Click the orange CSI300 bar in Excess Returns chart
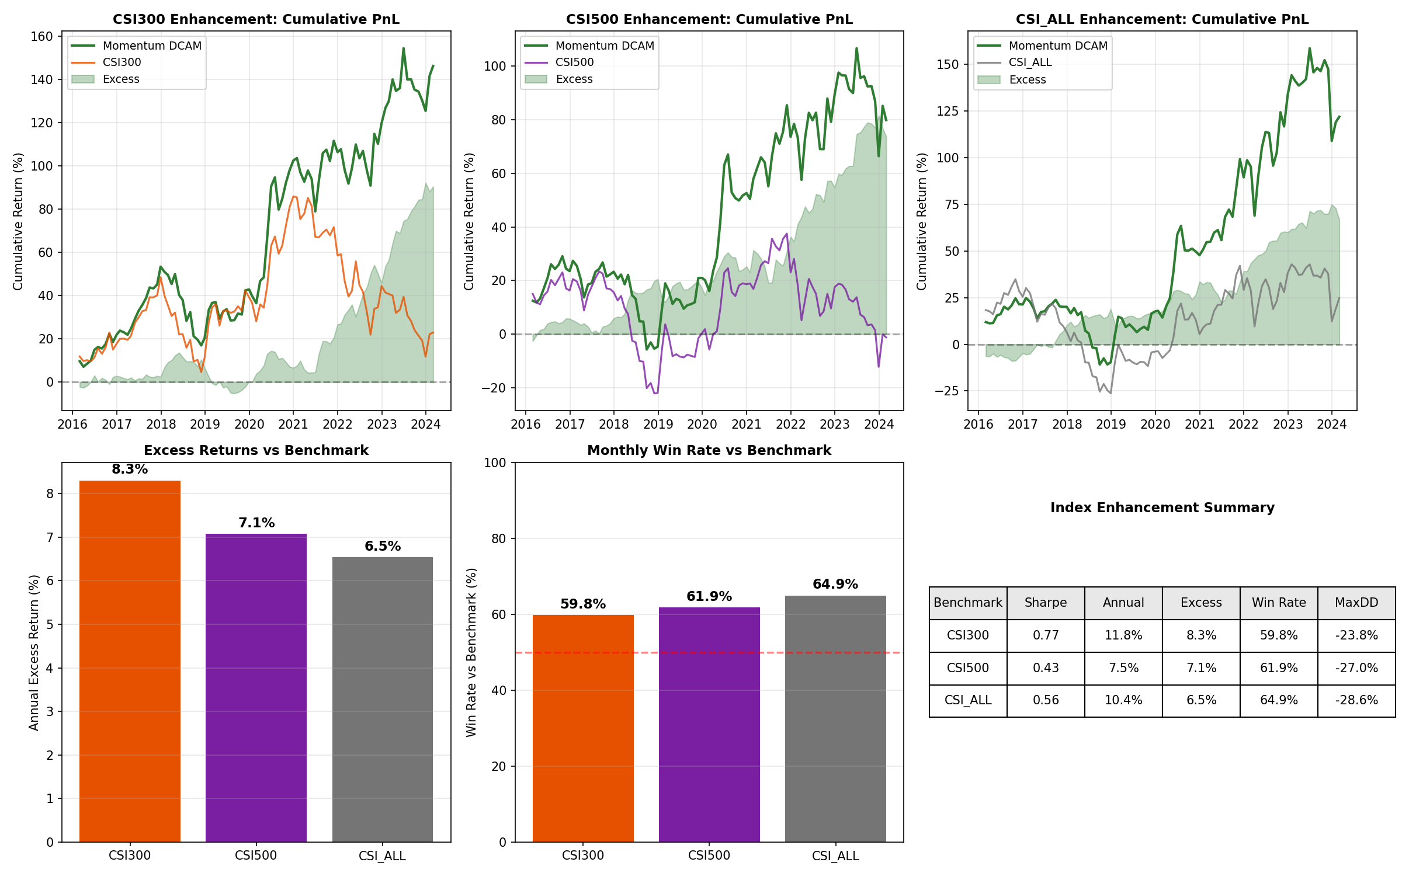coord(130,660)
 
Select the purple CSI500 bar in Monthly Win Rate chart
coord(709,724)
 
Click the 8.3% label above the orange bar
coord(130,470)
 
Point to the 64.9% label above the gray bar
coord(835,585)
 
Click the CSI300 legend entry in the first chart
coord(122,62)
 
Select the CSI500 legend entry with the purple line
coord(574,62)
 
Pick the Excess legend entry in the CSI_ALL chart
coord(1027,79)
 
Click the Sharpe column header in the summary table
coord(1046,603)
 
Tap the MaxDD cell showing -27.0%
coord(1356,668)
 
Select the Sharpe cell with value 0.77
coord(1046,635)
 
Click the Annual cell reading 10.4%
coord(1123,700)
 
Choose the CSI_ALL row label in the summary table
coord(968,700)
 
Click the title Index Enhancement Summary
coord(1162,507)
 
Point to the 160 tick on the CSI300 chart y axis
coord(41,36)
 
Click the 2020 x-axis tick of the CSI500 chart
coord(702,425)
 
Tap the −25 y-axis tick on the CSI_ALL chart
coord(946,391)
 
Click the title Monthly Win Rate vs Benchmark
coord(709,450)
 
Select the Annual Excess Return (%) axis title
coord(34,652)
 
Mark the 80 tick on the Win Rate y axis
coord(498,538)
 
